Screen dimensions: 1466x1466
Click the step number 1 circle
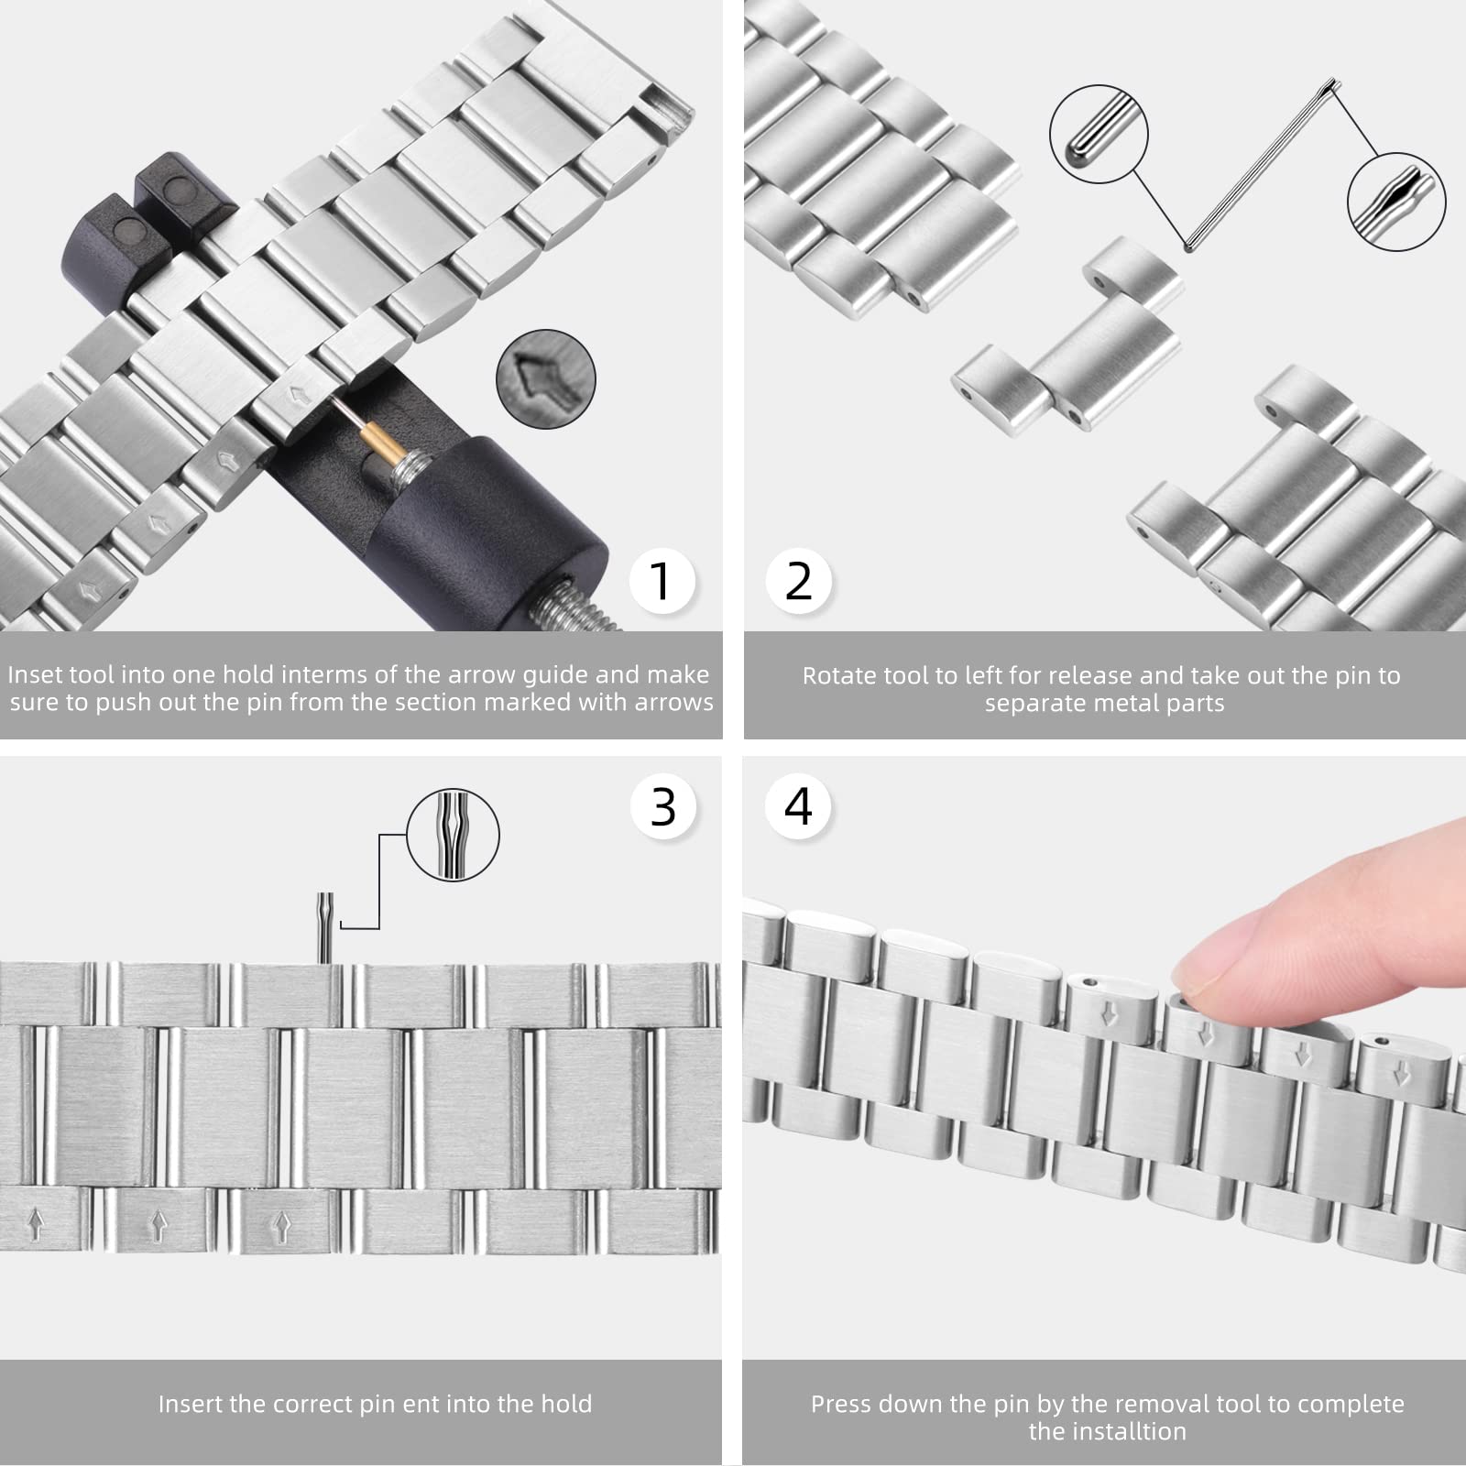pyautogui.click(x=662, y=581)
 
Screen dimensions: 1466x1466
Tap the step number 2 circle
pyautogui.click(x=798, y=581)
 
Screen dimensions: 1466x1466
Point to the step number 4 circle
pyautogui.click(x=798, y=806)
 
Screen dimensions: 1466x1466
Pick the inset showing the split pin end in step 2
pyautogui.click(x=1396, y=202)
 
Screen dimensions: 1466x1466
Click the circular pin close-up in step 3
pyautogui.click(x=453, y=837)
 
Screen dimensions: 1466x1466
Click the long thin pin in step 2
pyautogui.click(x=1263, y=165)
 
